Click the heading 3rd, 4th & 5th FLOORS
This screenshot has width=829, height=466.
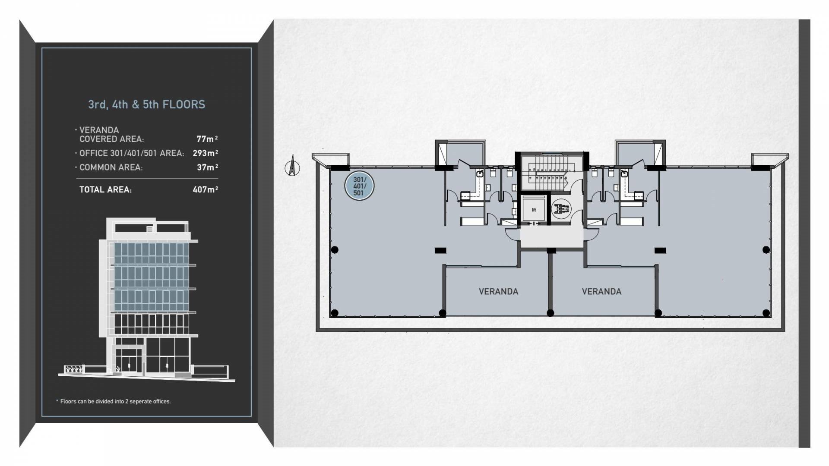click(x=147, y=104)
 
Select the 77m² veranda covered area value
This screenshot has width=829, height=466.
click(x=207, y=139)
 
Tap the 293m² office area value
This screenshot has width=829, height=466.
click(x=205, y=153)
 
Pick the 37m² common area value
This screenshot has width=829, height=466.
click(x=207, y=167)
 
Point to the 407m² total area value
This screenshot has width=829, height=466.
click(x=205, y=189)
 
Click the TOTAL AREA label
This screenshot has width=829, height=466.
click(x=105, y=189)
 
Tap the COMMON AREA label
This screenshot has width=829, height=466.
click(x=111, y=167)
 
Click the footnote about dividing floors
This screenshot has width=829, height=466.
click(x=115, y=401)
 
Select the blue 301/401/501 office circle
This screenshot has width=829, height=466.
click(x=359, y=186)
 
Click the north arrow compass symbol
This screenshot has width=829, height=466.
click(x=292, y=167)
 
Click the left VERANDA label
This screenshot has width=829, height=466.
click(x=498, y=292)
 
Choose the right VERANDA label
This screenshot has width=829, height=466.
click(x=601, y=292)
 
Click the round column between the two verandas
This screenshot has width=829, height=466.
click(x=550, y=313)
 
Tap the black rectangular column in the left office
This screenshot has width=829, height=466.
click(x=440, y=250)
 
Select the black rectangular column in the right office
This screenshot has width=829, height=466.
click(x=660, y=250)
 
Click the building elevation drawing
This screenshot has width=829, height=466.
click(x=147, y=300)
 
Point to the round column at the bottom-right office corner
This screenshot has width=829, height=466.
click(x=766, y=313)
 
